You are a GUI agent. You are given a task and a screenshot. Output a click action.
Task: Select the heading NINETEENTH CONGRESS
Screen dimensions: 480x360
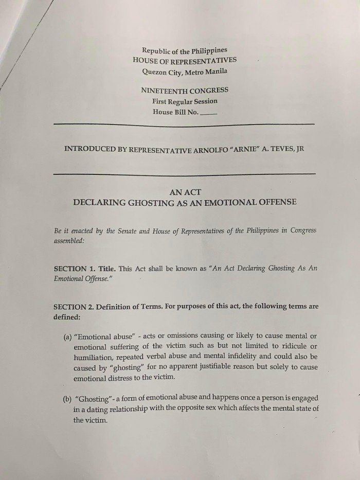[x=185, y=91]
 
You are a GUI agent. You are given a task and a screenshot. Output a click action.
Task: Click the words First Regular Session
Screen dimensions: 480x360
[x=185, y=101]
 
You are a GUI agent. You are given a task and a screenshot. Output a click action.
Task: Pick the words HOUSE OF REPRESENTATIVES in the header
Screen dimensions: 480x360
[x=185, y=60]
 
